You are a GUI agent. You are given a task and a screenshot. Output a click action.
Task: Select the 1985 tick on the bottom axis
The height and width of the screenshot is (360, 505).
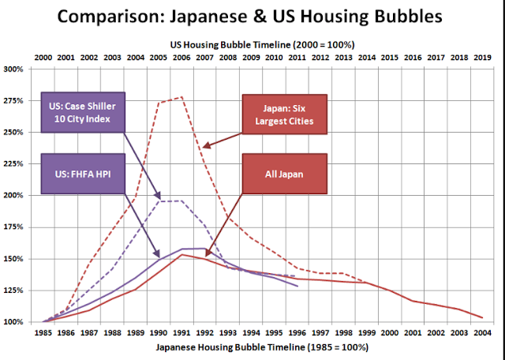tap(43, 334)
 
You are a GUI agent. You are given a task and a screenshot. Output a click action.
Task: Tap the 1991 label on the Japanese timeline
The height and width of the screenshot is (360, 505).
tap(181, 334)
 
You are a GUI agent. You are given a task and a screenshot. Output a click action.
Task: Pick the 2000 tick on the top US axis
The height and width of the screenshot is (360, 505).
tap(43, 57)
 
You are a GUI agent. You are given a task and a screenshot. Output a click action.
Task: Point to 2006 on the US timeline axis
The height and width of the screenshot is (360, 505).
tap(181, 57)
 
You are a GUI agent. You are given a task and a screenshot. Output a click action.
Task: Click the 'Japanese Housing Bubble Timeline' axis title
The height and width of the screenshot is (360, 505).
tap(261, 347)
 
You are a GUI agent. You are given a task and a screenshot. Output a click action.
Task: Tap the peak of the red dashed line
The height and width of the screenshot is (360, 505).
tap(182, 97)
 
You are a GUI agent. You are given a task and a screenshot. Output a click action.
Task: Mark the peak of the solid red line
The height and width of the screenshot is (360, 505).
tap(181, 254)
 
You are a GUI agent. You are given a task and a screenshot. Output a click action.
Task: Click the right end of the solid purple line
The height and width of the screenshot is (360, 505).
tap(297, 286)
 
